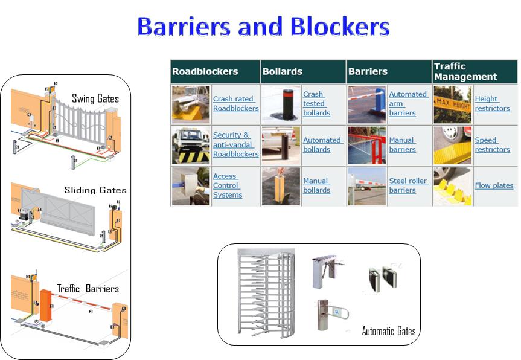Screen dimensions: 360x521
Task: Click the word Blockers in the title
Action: click(x=340, y=27)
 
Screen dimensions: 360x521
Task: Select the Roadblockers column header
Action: click(x=205, y=71)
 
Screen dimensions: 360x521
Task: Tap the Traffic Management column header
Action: click(x=465, y=71)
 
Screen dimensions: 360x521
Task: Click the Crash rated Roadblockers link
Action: click(x=235, y=103)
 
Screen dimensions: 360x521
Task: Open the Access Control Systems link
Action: click(x=228, y=186)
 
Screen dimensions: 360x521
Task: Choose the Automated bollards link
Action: click(x=322, y=145)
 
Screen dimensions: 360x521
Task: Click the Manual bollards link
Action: click(x=316, y=185)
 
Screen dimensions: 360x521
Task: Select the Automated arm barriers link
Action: click(x=408, y=103)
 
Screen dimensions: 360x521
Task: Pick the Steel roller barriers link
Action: click(x=408, y=185)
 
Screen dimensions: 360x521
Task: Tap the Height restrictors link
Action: click(x=491, y=103)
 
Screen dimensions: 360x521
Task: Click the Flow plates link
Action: click(x=494, y=185)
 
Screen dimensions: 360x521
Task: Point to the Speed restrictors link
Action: click(x=491, y=145)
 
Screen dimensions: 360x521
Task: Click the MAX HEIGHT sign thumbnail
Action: click(x=452, y=103)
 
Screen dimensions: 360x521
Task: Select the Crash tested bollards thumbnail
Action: click(x=281, y=103)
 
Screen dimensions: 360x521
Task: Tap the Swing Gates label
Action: click(x=95, y=98)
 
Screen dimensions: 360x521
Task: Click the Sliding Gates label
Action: click(x=95, y=190)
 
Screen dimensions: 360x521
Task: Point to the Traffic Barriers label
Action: click(x=88, y=289)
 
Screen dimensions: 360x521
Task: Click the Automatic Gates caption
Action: click(x=388, y=331)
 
